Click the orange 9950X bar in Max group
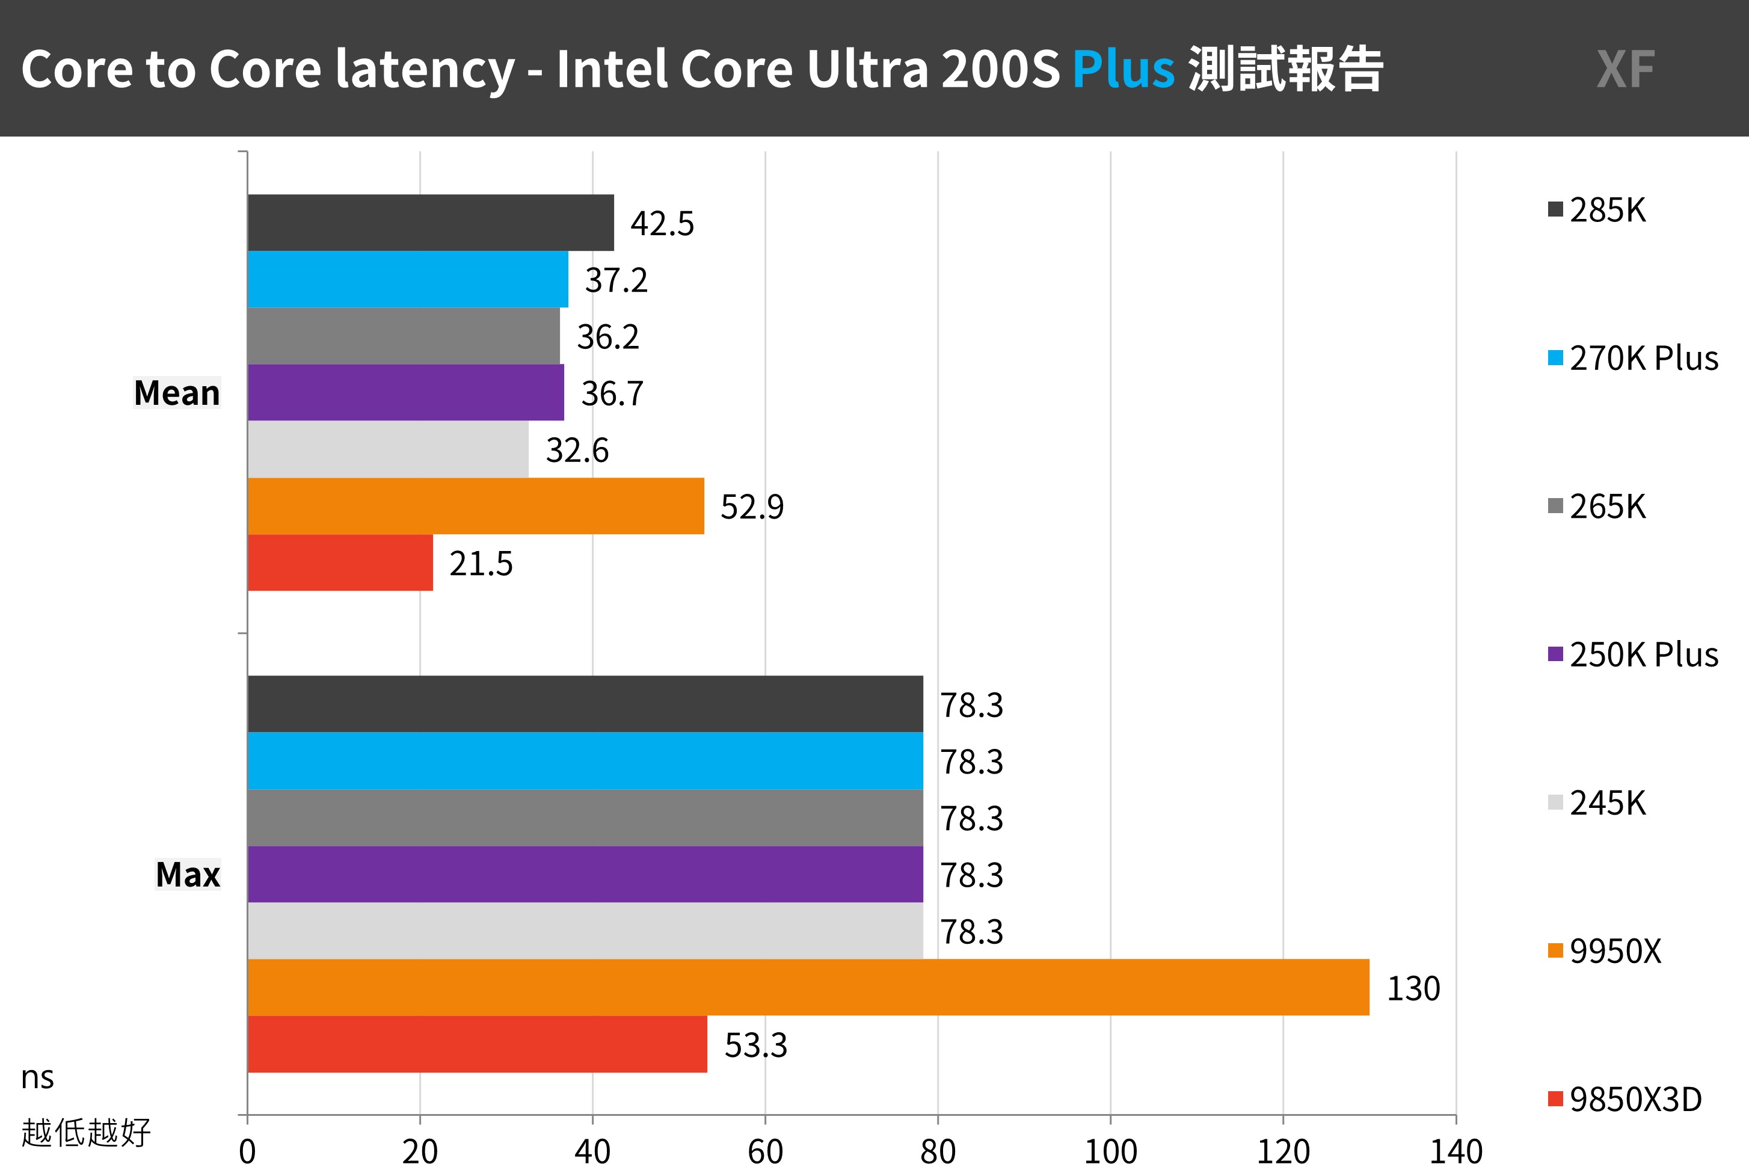click(x=808, y=988)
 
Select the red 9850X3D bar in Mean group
click(x=340, y=562)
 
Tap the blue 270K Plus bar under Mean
click(x=408, y=279)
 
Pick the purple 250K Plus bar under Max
click(x=585, y=875)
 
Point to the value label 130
click(x=1413, y=988)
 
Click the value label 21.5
click(x=481, y=563)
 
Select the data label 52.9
click(x=751, y=506)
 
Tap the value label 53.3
click(x=755, y=1045)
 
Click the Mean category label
click(x=176, y=393)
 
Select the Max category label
click(x=188, y=875)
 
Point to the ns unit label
click(x=37, y=1077)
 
